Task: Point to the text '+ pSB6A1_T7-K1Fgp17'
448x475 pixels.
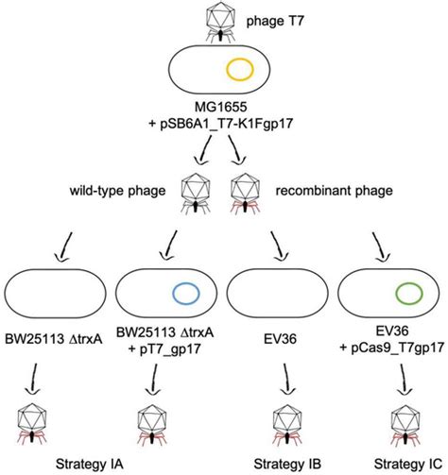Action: point(224,130)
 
